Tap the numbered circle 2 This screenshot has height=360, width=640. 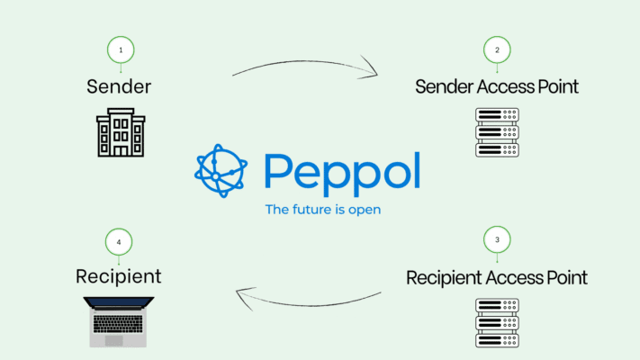pyautogui.click(x=496, y=49)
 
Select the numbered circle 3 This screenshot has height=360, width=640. pyautogui.click(x=496, y=240)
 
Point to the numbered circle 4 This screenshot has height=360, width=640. pyautogui.click(x=119, y=241)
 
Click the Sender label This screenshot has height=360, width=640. pyautogui.click(x=119, y=86)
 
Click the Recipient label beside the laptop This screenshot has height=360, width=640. pyautogui.click(x=119, y=276)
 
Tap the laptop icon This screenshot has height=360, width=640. pyautogui.click(x=118, y=320)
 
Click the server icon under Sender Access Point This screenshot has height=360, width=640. pyautogui.click(x=496, y=133)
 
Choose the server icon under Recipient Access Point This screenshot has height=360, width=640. pyautogui.click(x=496, y=323)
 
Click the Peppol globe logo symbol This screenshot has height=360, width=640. pyautogui.click(x=221, y=169)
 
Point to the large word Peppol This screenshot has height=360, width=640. pyautogui.click(x=342, y=171)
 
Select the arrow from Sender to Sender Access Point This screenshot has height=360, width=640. pyautogui.click(x=306, y=65)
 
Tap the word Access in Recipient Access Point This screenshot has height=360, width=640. pyautogui.click(x=512, y=277)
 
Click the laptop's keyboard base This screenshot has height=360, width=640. pyautogui.click(x=118, y=340)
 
